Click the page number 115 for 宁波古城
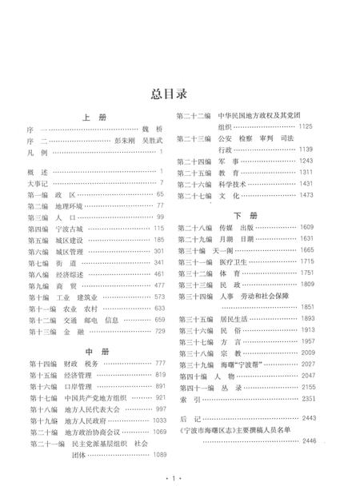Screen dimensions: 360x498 [158, 228]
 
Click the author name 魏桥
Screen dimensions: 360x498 [151, 128]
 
